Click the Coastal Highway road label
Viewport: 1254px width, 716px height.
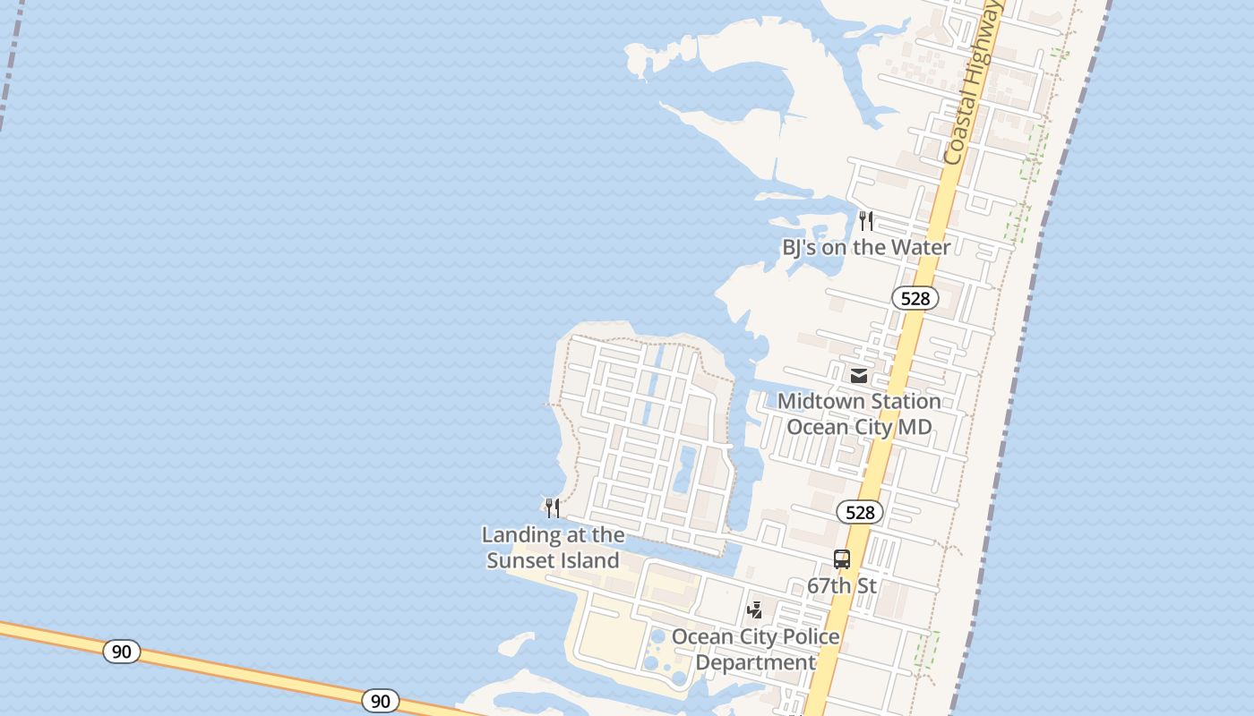click(972, 82)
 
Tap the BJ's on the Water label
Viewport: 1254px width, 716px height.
click(866, 247)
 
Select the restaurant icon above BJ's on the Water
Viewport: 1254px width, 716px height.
click(866, 220)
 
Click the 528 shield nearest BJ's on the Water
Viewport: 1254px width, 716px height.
click(915, 298)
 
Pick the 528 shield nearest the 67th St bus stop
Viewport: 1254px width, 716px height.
click(860, 512)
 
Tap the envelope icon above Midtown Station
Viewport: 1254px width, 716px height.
click(859, 375)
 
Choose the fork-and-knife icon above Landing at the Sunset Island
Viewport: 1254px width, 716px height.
click(553, 508)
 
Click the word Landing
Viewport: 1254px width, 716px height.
click(520, 535)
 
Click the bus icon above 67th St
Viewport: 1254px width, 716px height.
click(842, 559)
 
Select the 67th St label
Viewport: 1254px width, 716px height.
click(842, 586)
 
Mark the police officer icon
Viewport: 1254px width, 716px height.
click(755, 610)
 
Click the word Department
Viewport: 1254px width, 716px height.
click(755, 663)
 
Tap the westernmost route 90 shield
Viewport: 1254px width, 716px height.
click(122, 652)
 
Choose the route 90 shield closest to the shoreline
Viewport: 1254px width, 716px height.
click(381, 701)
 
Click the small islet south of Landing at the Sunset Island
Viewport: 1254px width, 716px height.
click(517, 644)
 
